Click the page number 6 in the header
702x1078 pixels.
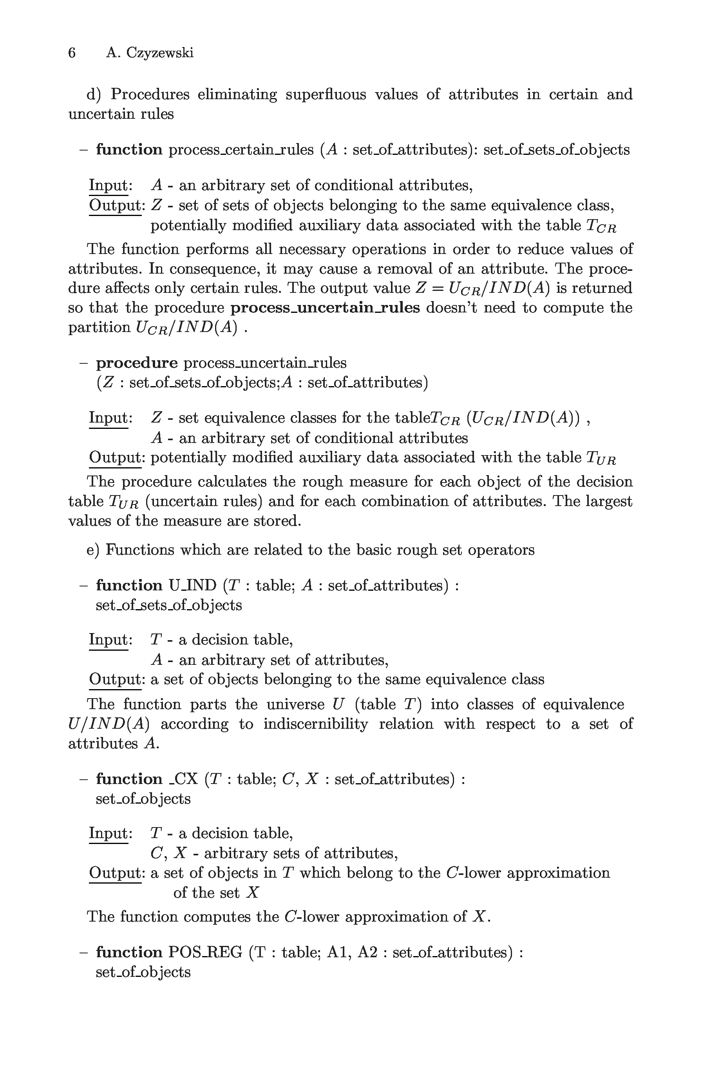(72, 53)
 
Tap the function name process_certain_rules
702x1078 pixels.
(241, 149)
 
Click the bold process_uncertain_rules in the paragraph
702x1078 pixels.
(325, 308)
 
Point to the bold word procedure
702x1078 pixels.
(137, 363)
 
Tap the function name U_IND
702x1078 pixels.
(192, 585)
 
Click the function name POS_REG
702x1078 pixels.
(205, 952)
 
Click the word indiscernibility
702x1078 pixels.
(315, 724)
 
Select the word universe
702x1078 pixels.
(295, 704)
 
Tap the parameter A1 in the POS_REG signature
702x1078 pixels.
(336, 952)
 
